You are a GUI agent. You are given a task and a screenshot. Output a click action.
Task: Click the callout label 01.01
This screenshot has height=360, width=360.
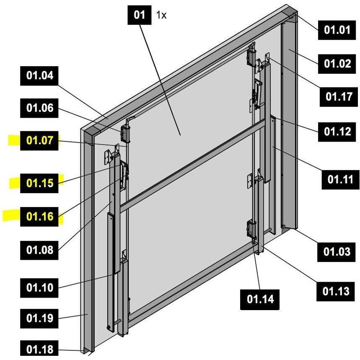(337, 30)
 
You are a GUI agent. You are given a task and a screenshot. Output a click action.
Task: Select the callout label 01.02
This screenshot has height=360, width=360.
(337, 64)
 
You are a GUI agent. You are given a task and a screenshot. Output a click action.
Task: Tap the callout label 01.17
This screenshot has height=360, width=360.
(339, 97)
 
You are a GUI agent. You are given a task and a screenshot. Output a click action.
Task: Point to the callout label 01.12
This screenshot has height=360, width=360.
(337, 132)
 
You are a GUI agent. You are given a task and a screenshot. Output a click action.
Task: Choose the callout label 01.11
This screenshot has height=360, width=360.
(340, 179)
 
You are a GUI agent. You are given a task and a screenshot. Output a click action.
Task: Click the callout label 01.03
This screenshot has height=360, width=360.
(337, 252)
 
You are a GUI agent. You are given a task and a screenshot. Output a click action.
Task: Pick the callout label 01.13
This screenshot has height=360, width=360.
(336, 292)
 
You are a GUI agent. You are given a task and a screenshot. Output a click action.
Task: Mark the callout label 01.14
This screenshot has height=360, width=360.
(260, 300)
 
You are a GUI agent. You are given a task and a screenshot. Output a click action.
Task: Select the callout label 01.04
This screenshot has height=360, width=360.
(39, 76)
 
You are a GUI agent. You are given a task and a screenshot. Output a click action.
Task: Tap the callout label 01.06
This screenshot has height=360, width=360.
(39, 108)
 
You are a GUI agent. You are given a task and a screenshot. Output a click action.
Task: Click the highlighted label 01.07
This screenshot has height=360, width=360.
(39, 140)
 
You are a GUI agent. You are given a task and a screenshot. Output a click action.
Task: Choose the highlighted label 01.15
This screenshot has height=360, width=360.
(39, 183)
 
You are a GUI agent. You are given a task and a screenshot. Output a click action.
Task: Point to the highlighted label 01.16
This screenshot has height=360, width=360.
(39, 217)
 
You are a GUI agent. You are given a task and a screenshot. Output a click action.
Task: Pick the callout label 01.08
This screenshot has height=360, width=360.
(39, 250)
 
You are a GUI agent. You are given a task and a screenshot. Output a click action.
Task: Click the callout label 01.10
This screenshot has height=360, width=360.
(39, 288)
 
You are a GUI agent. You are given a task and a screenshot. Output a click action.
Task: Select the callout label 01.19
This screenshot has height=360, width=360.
(39, 319)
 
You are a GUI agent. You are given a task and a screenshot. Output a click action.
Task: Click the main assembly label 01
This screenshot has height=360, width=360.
(140, 15)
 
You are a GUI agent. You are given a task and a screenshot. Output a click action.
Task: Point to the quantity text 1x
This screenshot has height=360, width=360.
(161, 16)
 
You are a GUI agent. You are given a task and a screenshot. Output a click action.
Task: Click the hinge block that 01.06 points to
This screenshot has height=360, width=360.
(125, 134)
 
